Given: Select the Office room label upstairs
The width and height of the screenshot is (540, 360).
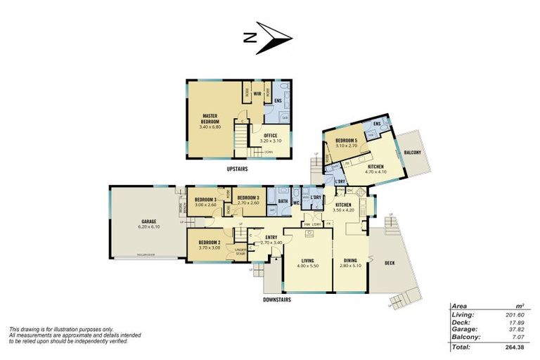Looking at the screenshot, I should click(270, 136).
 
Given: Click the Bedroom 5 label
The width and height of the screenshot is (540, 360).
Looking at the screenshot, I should click(346, 141).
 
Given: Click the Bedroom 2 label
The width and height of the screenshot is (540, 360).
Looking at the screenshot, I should click(210, 242).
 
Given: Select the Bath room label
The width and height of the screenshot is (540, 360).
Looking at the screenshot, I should click(282, 201).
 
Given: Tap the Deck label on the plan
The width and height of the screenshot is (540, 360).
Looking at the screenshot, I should click(390, 263).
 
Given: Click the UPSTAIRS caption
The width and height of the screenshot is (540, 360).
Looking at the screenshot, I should click(240, 169).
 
